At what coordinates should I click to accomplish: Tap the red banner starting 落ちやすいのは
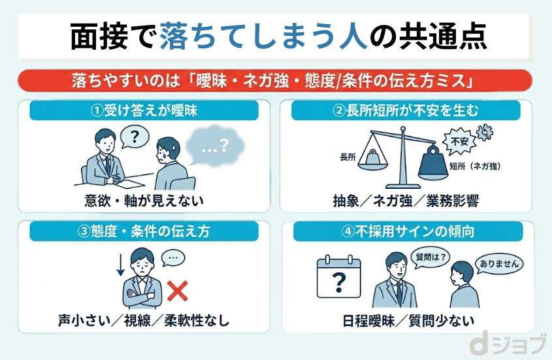275,81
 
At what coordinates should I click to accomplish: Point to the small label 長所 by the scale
348,157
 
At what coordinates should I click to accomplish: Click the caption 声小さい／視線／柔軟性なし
144,321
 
